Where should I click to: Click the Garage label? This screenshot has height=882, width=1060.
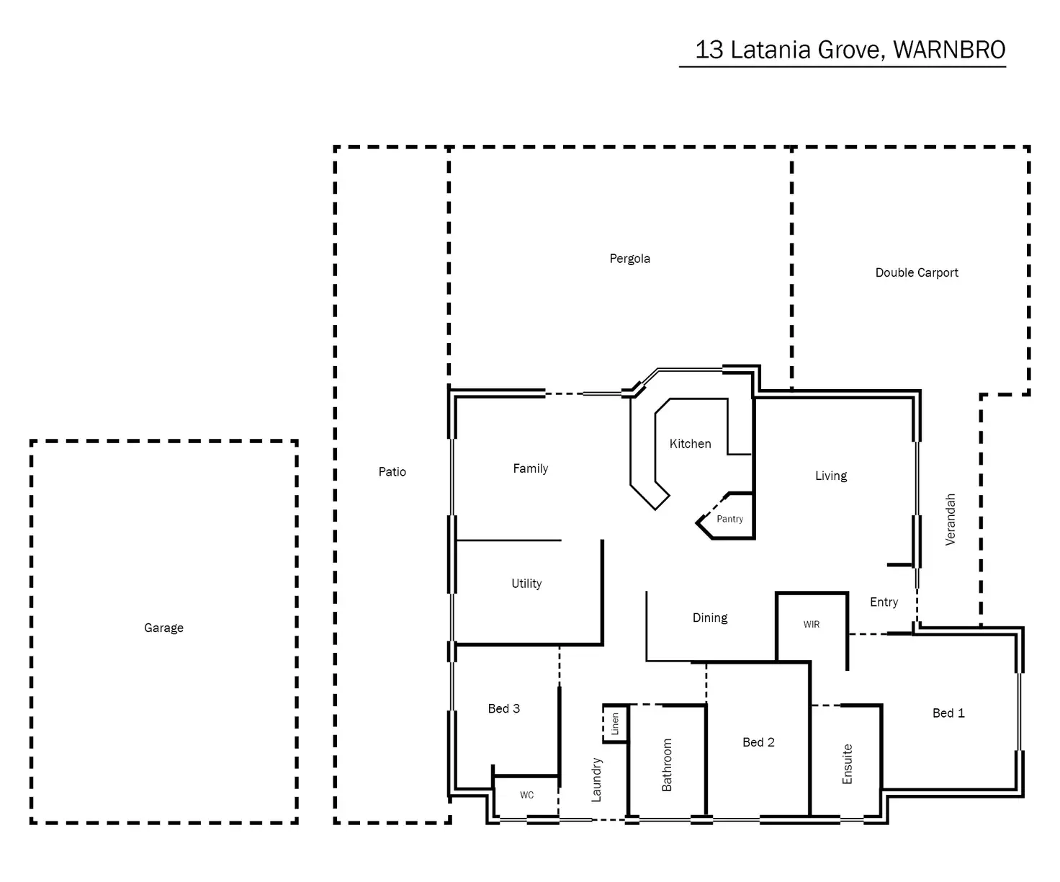pyautogui.click(x=163, y=628)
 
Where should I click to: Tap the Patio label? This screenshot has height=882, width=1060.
pyautogui.click(x=392, y=472)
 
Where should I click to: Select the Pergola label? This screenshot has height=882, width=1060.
pyautogui.click(x=629, y=259)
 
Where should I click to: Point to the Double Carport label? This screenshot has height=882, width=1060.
pyautogui.click(x=917, y=272)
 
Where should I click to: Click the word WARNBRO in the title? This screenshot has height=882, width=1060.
pyautogui.click(x=949, y=50)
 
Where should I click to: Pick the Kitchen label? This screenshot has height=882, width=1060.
pyautogui.click(x=690, y=444)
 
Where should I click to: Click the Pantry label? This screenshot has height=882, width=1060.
pyautogui.click(x=729, y=519)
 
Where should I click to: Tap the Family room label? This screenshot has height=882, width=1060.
pyautogui.click(x=531, y=468)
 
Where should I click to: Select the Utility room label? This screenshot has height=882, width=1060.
pyautogui.click(x=526, y=584)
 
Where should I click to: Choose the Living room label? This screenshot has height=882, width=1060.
pyautogui.click(x=831, y=476)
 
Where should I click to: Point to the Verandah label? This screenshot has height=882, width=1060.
pyautogui.click(x=951, y=519)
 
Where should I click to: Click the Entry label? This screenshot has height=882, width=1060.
pyautogui.click(x=884, y=602)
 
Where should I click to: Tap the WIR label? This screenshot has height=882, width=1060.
pyautogui.click(x=812, y=625)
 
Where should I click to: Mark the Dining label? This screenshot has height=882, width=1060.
pyautogui.click(x=710, y=618)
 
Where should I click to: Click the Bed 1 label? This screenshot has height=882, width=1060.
pyautogui.click(x=948, y=713)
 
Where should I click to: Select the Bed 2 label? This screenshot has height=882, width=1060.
pyautogui.click(x=758, y=742)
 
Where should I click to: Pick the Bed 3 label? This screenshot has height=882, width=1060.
pyautogui.click(x=504, y=708)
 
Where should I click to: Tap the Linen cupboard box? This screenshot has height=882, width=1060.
pyautogui.click(x=615, y=723)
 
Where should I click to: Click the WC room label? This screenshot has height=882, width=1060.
pyautogui.click(x=527, y=795)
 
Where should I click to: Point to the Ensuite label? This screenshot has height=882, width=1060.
pyautogui.click(x=848, y=764)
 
